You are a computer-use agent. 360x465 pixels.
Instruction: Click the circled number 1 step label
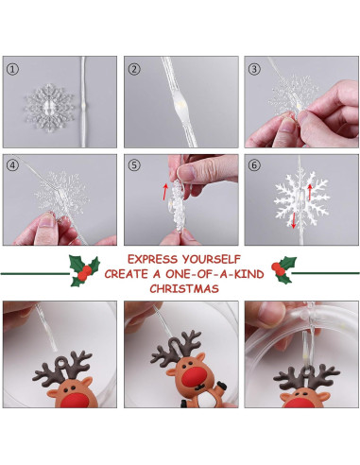click(12, 69)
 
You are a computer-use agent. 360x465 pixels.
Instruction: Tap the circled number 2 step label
click(134, 69)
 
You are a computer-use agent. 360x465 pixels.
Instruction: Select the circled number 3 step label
click(254, 69)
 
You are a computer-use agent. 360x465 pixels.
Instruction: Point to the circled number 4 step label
click(12, 165)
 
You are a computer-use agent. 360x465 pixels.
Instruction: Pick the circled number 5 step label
click(134, 165)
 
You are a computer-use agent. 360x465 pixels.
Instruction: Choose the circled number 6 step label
click(254, 165)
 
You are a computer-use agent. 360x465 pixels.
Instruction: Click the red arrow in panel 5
click(165, 192)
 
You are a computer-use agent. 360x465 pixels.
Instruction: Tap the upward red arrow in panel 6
click(310, 192)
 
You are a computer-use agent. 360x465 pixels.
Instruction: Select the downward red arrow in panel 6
click(294, 220)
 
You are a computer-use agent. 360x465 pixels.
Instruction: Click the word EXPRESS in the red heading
click(152, 259)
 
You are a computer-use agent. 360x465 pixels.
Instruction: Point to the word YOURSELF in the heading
click(211, 259)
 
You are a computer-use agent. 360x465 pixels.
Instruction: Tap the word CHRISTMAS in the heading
click(184, 288)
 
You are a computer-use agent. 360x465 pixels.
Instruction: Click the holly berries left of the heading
click(85, 273)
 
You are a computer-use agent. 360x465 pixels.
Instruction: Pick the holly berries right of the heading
click(278, 268)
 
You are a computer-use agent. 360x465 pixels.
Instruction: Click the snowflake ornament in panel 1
click(48, 108)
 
